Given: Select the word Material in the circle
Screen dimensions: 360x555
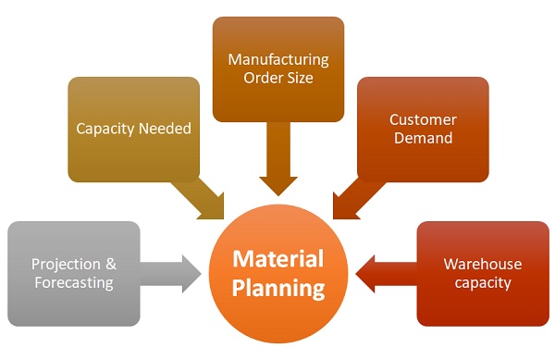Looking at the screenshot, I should [277, 258].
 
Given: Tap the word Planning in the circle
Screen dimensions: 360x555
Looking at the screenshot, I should [278, 288].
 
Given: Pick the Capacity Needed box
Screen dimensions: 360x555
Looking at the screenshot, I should [133, 129].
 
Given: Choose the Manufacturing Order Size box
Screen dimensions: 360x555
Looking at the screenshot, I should [277, 68].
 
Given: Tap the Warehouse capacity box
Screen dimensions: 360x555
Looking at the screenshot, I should [482, 273].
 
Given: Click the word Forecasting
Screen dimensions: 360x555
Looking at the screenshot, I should [73, 283].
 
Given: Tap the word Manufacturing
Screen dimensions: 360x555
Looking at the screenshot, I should [278, 59].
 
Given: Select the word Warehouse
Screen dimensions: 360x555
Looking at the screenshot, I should [482, 264].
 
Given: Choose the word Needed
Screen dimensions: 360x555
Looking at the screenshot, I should [166, 129].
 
